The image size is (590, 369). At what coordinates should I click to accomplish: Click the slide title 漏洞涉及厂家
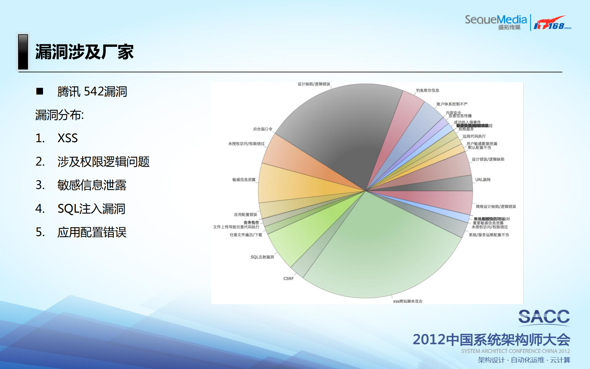tap(85, 52)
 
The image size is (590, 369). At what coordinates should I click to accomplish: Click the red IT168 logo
tap(552, 23)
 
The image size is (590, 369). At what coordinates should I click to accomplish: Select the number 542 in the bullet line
tap(93, 91)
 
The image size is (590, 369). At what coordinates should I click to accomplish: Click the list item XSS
tap(68, 138)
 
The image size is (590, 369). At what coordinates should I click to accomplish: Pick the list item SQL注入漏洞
tap(91, 209)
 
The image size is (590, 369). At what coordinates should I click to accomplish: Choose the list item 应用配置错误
tap(92, 232)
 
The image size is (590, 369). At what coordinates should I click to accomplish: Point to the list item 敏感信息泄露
tap(92, 185)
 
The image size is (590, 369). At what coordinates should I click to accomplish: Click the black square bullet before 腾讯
tap(40, 91)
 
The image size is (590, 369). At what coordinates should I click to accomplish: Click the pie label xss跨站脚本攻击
tap(408, 301)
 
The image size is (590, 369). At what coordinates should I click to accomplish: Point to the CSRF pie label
tap(288, 279)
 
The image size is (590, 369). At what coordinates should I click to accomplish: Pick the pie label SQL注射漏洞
tap(262, 257)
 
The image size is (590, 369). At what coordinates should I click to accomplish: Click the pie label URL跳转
tap(483, 180)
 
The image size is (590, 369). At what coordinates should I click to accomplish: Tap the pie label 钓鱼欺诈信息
tap(427, 90)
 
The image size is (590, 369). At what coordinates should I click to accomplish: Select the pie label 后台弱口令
tap(263, 129)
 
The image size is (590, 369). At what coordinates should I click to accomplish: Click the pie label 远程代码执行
tap(474, 136)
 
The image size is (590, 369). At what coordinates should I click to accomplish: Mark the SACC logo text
tap(544, 317)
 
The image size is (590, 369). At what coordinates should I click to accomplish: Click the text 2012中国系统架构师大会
tap(491, 340)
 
